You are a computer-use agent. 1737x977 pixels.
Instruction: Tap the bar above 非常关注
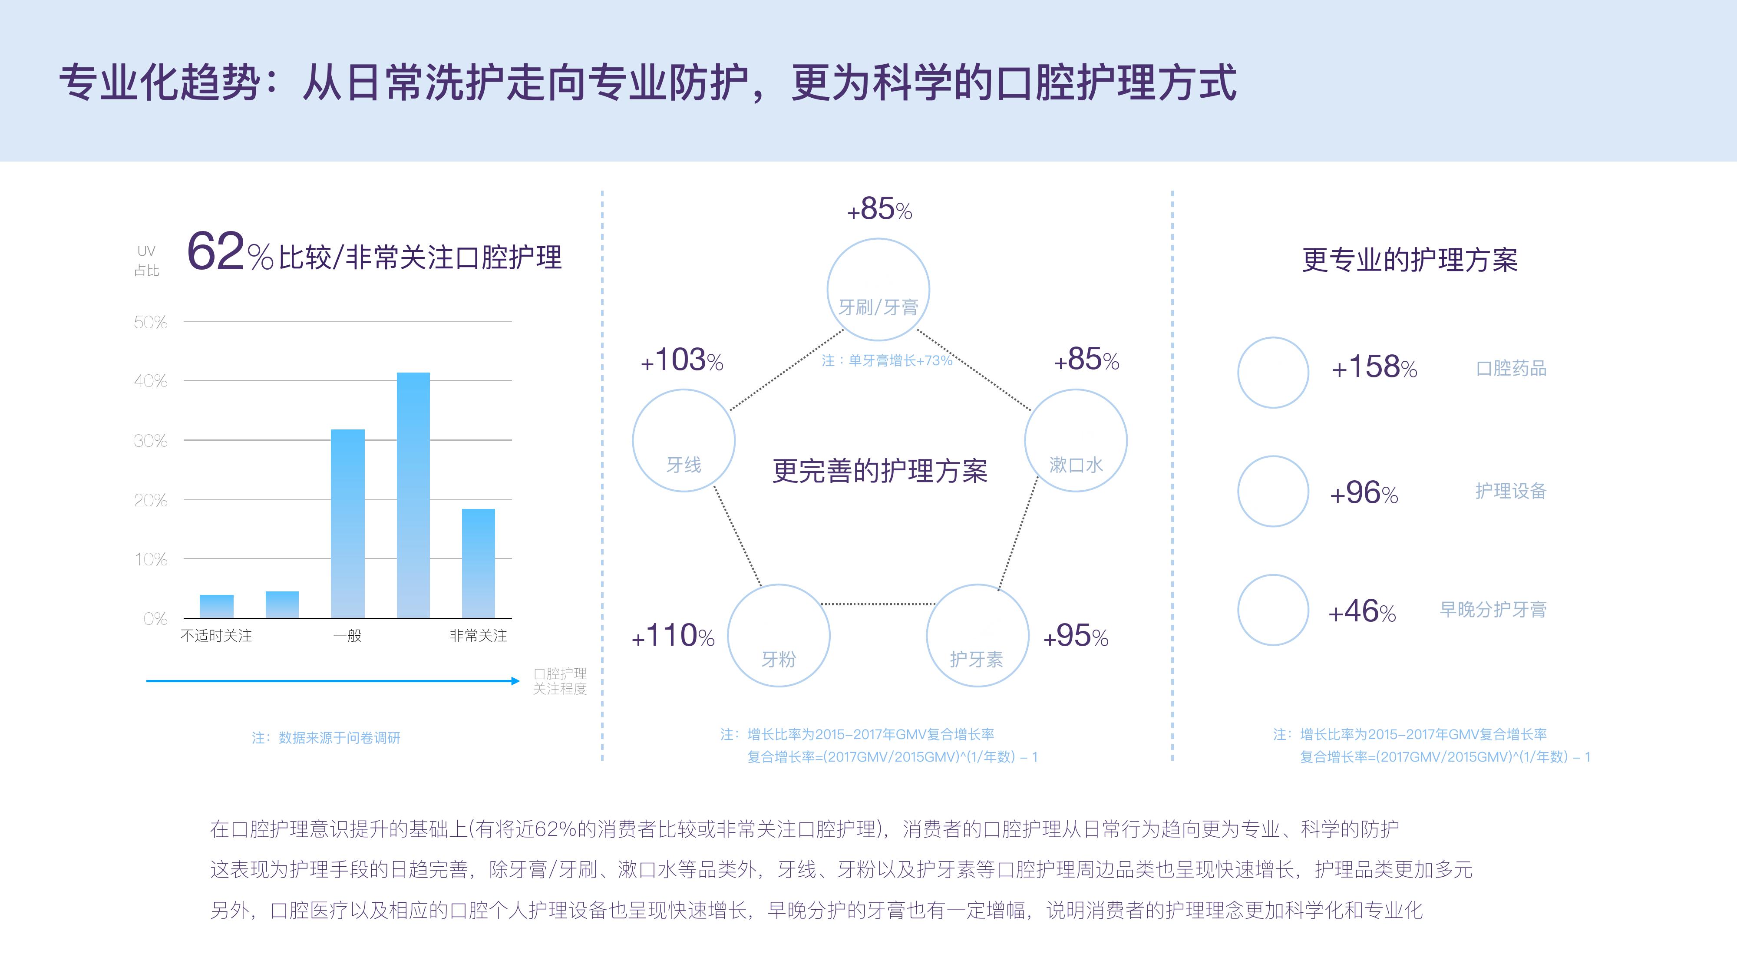(478, 563)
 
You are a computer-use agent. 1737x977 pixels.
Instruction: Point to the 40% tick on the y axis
(150, 381)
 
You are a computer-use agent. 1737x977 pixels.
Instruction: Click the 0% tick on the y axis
(155, 619)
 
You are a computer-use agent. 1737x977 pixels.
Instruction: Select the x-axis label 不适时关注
(216, 636)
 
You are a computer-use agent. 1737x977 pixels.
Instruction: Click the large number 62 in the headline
(215, 251)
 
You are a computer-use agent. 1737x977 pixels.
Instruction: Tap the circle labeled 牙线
(684, 390)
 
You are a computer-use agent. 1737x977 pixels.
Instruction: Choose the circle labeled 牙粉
(779, 585)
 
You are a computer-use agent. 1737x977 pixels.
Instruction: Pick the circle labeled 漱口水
(1076, 390)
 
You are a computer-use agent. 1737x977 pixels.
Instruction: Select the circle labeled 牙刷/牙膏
(878, 239)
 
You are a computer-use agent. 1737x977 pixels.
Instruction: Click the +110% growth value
(673, 636)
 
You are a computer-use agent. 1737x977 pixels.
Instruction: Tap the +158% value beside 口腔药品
(1374, 367)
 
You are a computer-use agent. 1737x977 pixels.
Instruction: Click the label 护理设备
(1510, 491)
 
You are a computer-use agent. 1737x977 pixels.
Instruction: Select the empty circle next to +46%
(1273, 575)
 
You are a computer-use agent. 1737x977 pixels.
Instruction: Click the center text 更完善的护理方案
(879, 471)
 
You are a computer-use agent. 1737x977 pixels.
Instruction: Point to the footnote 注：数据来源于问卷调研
(327, 738)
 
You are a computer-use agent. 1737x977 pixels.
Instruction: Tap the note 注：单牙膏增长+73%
(887, 361)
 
